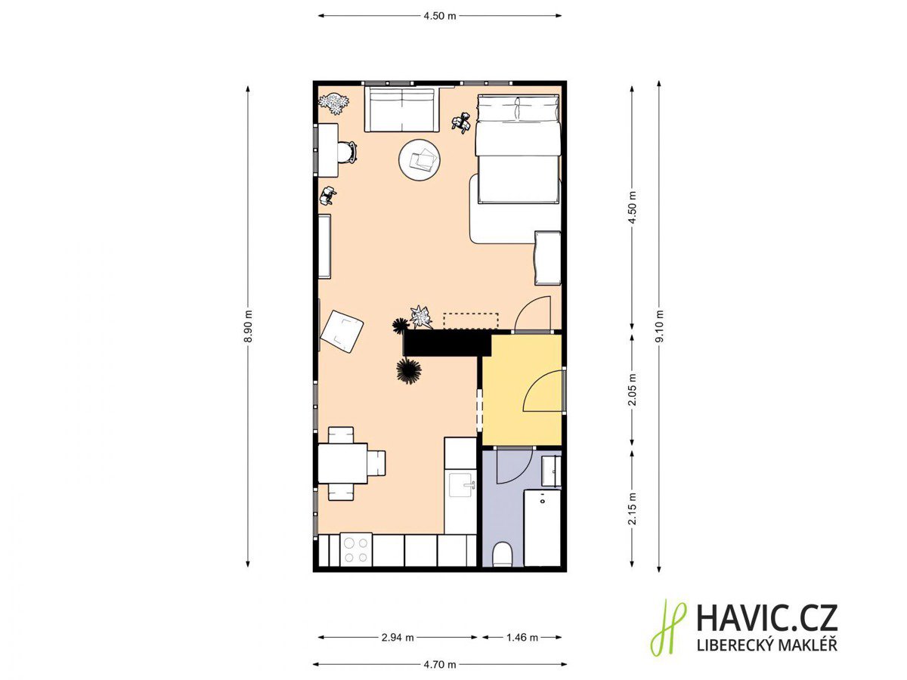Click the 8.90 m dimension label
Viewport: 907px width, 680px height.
click(247, 326)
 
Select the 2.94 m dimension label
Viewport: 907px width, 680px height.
click(398, 638)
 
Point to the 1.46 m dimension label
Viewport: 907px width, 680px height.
click(522, 638)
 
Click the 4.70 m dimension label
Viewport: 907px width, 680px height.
click(440, 664)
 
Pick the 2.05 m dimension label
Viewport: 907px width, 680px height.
click(632, 389)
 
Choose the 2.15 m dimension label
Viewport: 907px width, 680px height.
click(632, 508)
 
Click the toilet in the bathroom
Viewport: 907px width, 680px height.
click(503, 555)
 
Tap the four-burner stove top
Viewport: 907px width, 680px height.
click(356, 549)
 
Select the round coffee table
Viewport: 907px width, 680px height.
click(419, 159)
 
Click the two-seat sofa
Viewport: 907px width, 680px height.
click(401, 109)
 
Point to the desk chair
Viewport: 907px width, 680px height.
click(346, 152)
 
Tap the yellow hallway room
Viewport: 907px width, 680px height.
click(522, 389)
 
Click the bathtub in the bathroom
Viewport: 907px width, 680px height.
click(542, 528)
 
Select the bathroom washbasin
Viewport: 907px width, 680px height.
click(551, 471)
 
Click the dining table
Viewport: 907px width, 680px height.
click(342, 463)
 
